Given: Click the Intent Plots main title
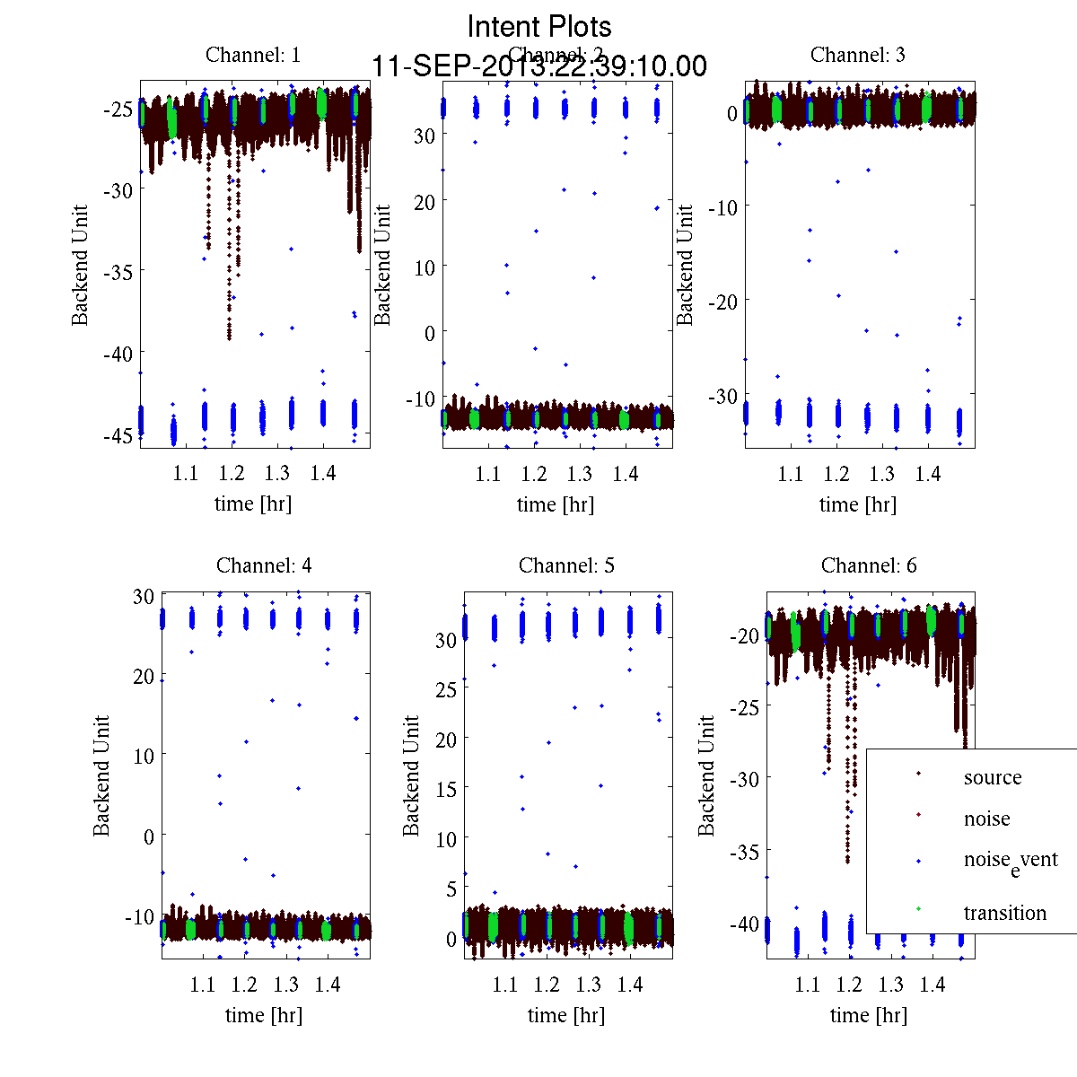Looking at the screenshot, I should [539, 26].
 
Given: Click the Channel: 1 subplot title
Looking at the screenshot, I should [253, 55].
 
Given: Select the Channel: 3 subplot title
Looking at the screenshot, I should [857, 55].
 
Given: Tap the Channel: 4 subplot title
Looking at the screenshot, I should [264, 565].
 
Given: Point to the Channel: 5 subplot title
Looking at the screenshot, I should [566, 565].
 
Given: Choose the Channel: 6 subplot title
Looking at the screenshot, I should [869, 565].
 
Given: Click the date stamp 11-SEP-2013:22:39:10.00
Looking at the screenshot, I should [539, 66].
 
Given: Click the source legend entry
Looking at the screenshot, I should [992, 778].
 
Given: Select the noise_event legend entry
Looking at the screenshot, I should [1010, 860].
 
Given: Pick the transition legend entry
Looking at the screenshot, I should [1004, 914].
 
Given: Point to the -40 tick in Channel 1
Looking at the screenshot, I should [117, 354].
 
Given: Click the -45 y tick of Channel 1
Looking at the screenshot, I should [117, 435].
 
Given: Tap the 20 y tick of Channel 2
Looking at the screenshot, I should [424, 202].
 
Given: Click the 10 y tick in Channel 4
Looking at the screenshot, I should [144, 756].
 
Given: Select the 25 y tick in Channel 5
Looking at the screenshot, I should [446, 689].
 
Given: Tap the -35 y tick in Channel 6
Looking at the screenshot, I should [744, 851].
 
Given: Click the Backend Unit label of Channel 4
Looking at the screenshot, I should [101, 776].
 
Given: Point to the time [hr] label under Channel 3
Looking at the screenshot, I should [857, 504].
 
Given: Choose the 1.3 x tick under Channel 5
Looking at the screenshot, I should [588, 985].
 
